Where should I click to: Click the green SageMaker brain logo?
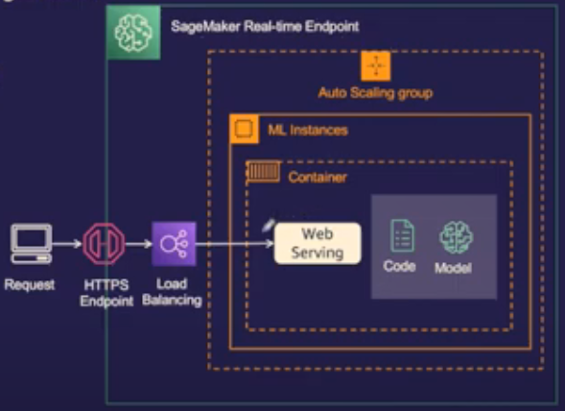click(x=133, y=33)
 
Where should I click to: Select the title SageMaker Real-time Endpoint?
click(x=265, y=26)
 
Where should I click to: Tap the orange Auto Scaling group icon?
click(x=375, y=66)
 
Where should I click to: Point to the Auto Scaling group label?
click(x=375, y=93)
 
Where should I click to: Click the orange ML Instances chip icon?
click(x=244, y=129)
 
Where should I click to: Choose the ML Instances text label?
click(x=308, y=130)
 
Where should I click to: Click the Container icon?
click(x=263, y=171)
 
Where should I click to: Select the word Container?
click(x=318, y=178)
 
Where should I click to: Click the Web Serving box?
click(x=318, y=244)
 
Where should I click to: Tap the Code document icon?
click(x=402, y=235)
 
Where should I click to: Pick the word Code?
click(x=399, y=266)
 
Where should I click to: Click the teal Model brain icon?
click(x=457, y=237)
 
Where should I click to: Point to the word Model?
click(x=453, y=268)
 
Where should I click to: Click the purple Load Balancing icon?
click(x=174, y=244)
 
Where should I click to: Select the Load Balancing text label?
click(x=172, y=292)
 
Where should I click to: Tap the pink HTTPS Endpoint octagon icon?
click(x=104, y=244)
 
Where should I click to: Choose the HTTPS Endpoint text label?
click(x=106, y=293)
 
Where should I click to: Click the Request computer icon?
click(x=32, y=244)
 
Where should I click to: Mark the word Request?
click(x=30, y=284)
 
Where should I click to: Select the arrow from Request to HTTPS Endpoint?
click(x=67, y=244)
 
